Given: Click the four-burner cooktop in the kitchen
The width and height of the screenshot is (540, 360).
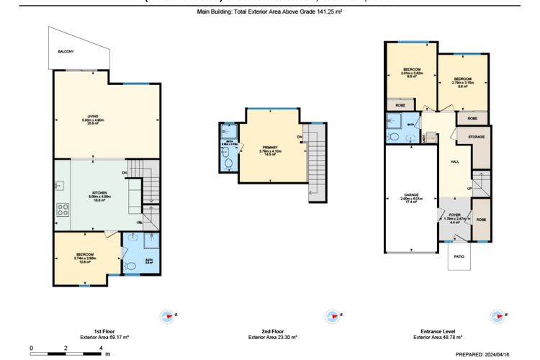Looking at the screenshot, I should [x=63, y=212].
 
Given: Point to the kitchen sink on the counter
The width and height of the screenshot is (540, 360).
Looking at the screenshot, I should [x=60, y=186].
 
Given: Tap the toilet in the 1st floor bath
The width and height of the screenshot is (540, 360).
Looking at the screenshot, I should [x=130, y=267].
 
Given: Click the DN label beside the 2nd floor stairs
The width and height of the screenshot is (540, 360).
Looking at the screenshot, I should [x=299, y=137].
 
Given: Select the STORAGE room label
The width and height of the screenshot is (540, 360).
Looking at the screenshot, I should [x=476, y=136].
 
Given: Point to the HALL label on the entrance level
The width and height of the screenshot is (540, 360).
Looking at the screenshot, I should [x=454, y=163].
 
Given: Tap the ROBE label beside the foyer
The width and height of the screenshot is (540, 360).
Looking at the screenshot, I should [x=481, y=219].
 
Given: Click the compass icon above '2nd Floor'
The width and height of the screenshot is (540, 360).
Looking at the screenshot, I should [x=332, y=315].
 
